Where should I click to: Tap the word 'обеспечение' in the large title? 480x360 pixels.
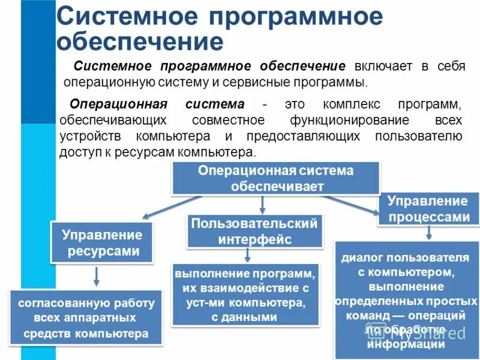coord(140,42)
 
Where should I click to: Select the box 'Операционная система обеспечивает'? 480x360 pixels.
coord(276,178)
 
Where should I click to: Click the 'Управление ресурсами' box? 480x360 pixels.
coord(102,242)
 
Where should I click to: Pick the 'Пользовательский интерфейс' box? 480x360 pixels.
coord(254,232)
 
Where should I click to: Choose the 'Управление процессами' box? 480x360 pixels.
coord(428,209)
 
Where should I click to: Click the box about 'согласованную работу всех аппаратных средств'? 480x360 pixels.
coord(86,317)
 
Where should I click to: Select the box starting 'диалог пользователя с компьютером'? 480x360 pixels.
coord(405,300)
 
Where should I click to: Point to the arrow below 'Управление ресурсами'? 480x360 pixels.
coord(97,276)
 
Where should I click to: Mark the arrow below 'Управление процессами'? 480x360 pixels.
coord(428,233)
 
